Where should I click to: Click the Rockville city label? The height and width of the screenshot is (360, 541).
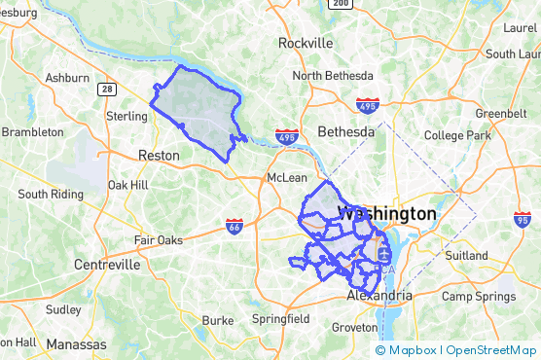pos(306,43)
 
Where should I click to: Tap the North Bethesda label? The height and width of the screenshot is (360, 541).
pos(333,76)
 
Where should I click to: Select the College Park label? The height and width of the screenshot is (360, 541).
pos(457,135)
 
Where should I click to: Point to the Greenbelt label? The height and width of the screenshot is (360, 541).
pos(500,113)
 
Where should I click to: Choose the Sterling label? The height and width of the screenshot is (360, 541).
pos(126,116)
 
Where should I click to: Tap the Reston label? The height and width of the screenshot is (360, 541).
pos(159,155)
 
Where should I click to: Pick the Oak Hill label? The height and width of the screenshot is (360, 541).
pos(127,184)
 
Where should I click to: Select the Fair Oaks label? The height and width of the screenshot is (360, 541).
pos(158,239)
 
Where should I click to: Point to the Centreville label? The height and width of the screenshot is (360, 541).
pos(106,264)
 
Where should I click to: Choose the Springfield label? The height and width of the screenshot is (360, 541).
pos(280,318)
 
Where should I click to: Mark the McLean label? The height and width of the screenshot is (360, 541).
pos(287,178)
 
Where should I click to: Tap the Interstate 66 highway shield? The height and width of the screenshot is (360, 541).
pos(234,226)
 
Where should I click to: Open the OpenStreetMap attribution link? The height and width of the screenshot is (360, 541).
pos(492,350)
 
